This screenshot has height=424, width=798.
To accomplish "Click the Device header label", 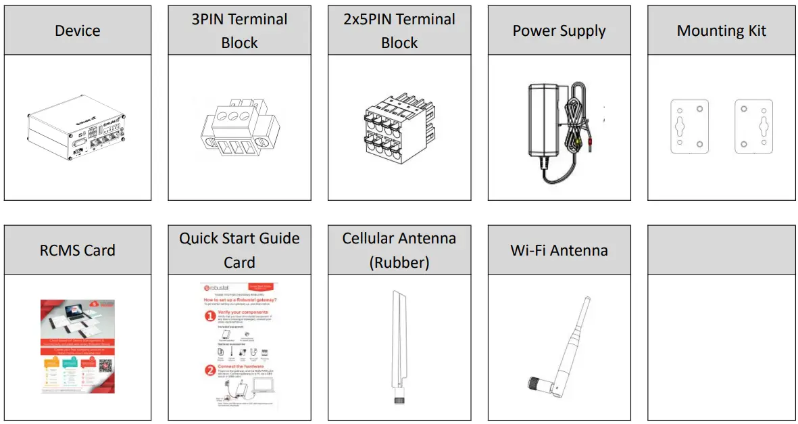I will pos(77,30).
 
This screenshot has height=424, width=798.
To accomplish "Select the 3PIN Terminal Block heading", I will pos(239,30).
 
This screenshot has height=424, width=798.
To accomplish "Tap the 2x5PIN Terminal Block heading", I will pos(399,30).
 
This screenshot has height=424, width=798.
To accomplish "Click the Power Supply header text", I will pos(559,30).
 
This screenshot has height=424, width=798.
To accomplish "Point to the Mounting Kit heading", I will pos(721,30).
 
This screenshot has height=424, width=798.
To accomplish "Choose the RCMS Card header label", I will pos(77,250).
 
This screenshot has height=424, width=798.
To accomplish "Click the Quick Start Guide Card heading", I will pos(239,250).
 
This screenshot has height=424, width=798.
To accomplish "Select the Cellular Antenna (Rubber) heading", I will pos(399,250).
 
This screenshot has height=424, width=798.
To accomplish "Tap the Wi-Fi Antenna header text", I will pos(559,250).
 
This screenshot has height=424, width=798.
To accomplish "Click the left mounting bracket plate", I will pos(689,126).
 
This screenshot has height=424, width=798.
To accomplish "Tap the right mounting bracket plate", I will pos(753,126).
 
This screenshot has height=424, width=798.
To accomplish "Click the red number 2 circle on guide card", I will pos(209,369).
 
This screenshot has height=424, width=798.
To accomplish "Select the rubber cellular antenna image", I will pos(397,345).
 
